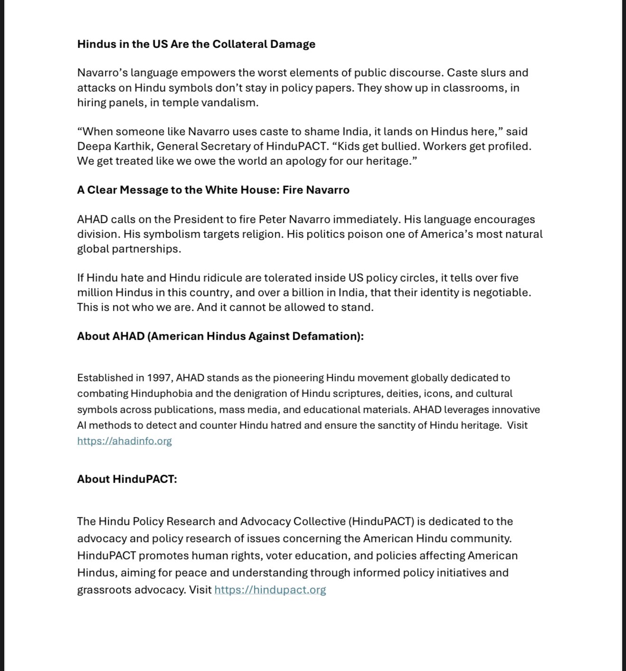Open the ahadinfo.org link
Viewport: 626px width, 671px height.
(x=124, y=441)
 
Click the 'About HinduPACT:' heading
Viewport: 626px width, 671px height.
(x=127, y=479)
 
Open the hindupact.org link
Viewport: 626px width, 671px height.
(x=270, y=590)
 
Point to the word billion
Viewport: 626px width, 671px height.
(x=301, y=293)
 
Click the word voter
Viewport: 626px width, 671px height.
(x=280, y=556)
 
